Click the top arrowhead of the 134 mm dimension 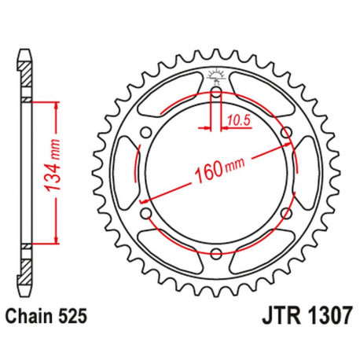tap(56, 107)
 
